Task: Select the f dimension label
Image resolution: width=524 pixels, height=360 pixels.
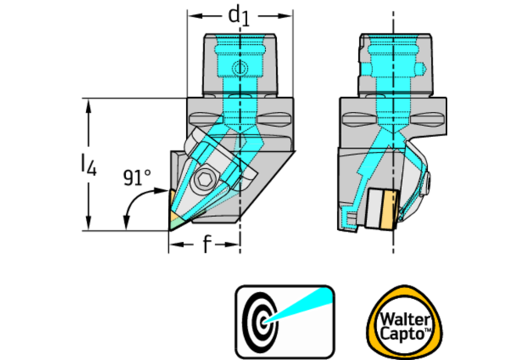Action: [x=206, y=246]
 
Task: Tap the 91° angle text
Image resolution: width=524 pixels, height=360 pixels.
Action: [x=136, y=178]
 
